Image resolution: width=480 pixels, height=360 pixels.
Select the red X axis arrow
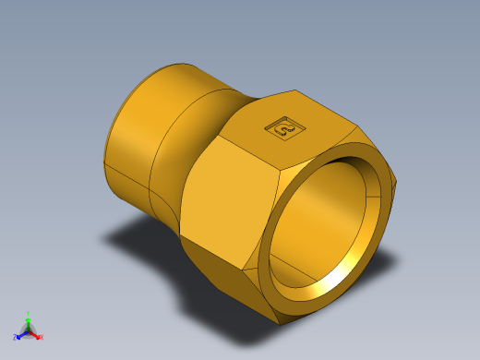(x=35, y=335)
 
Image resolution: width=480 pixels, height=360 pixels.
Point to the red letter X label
(x=42, y=338)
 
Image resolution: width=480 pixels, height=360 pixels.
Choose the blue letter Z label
(x=15, y=338)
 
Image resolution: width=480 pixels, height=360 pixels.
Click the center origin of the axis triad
(x=29, y=330)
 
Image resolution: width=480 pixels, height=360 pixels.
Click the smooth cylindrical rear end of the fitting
(x=129, y=138)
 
